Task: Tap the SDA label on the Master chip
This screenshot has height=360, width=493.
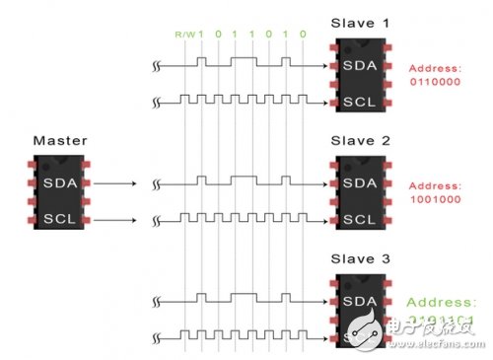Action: [53, 182]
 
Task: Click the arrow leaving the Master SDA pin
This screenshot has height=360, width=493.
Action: [118, 183]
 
